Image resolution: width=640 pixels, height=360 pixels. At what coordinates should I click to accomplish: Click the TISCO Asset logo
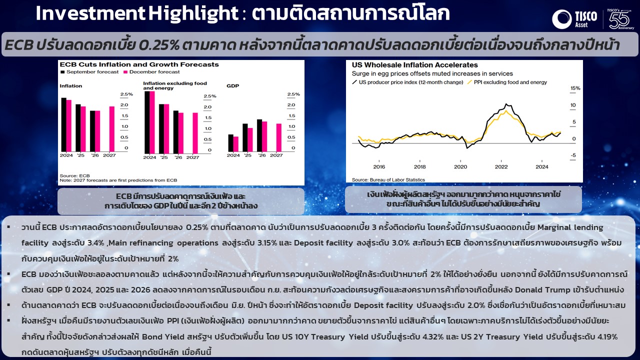click(x=574, y=19)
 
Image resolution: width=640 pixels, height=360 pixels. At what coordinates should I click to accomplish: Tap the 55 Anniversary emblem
click(x=620, y=19)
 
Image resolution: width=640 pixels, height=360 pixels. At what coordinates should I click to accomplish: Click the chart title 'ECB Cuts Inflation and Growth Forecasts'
click(x=139, y=64)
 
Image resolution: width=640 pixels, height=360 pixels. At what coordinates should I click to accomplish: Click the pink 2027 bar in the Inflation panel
click(x=112, y=129)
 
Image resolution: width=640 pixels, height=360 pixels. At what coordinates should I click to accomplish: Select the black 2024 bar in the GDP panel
click(x=230, y=143)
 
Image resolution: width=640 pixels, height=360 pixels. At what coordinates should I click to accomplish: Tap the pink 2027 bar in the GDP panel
click(x=279, y=137)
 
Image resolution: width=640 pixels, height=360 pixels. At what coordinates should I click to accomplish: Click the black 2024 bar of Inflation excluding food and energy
click(x=147, y=122)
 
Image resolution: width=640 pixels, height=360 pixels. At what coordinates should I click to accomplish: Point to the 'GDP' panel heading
click(x=233, y=85)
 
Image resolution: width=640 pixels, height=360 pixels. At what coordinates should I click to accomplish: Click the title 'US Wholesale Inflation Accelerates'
click(x=415, y=65)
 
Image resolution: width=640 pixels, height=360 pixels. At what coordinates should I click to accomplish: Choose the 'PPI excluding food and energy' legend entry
click(x=507, y=82)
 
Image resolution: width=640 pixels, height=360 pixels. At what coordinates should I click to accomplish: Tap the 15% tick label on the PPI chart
click(x=575, y=88)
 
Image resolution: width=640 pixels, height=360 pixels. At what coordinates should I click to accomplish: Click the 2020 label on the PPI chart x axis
click(x=460, y=167)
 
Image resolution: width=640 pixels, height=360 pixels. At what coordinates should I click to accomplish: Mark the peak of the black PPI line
click(x=506, y=104)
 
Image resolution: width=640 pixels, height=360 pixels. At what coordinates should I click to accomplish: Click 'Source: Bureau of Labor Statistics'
click(x=388, y=179)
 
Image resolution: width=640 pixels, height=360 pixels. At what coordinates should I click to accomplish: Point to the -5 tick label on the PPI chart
click(x=573, y=155)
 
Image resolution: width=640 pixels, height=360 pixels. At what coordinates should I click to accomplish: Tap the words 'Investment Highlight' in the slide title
click(x=137, y=13)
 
